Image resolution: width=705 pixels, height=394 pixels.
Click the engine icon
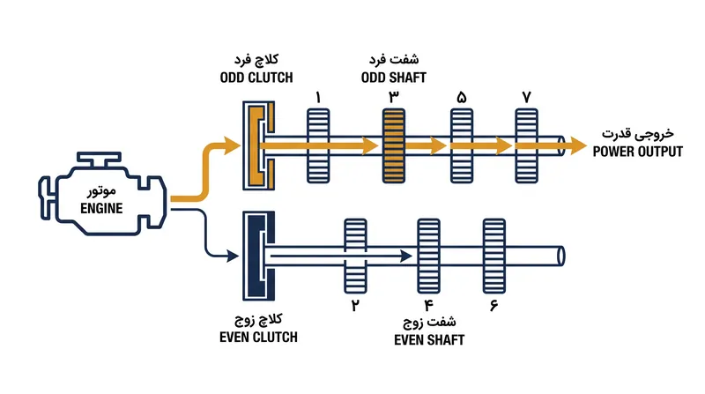click(102, 194)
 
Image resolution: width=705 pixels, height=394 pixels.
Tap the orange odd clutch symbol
click(258, 145)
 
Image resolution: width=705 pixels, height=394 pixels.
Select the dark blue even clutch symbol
click(258, 256)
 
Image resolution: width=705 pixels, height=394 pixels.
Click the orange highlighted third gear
click(393, 145)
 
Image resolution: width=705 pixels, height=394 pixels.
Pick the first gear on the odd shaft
click(318, 145)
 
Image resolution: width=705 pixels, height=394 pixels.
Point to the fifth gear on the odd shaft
click(462, 145)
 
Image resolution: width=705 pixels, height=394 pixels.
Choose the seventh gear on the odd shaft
click(526, 145)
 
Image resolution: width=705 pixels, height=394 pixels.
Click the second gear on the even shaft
click(355, 256)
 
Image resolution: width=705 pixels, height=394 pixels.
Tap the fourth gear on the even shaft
click(428, 256)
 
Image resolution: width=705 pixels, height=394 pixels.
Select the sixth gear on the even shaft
click(494, 256)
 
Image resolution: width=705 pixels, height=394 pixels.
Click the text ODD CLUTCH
click(256, 78)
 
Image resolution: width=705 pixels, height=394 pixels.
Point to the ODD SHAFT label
click(393, 78)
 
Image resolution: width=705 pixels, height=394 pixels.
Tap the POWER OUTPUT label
click(637, 152)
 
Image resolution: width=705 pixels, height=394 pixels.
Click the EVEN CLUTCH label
click(258, 338)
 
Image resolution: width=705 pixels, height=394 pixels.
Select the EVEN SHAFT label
click(429, 340)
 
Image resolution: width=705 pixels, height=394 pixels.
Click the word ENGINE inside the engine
click(101, 208)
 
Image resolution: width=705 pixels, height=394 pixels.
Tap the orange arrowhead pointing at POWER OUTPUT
click(579, 145)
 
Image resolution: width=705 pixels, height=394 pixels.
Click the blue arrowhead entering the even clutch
click(233, 256)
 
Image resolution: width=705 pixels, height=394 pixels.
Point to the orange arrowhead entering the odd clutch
click(233, 145)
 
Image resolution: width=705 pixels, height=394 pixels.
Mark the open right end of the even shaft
click(560, 256)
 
